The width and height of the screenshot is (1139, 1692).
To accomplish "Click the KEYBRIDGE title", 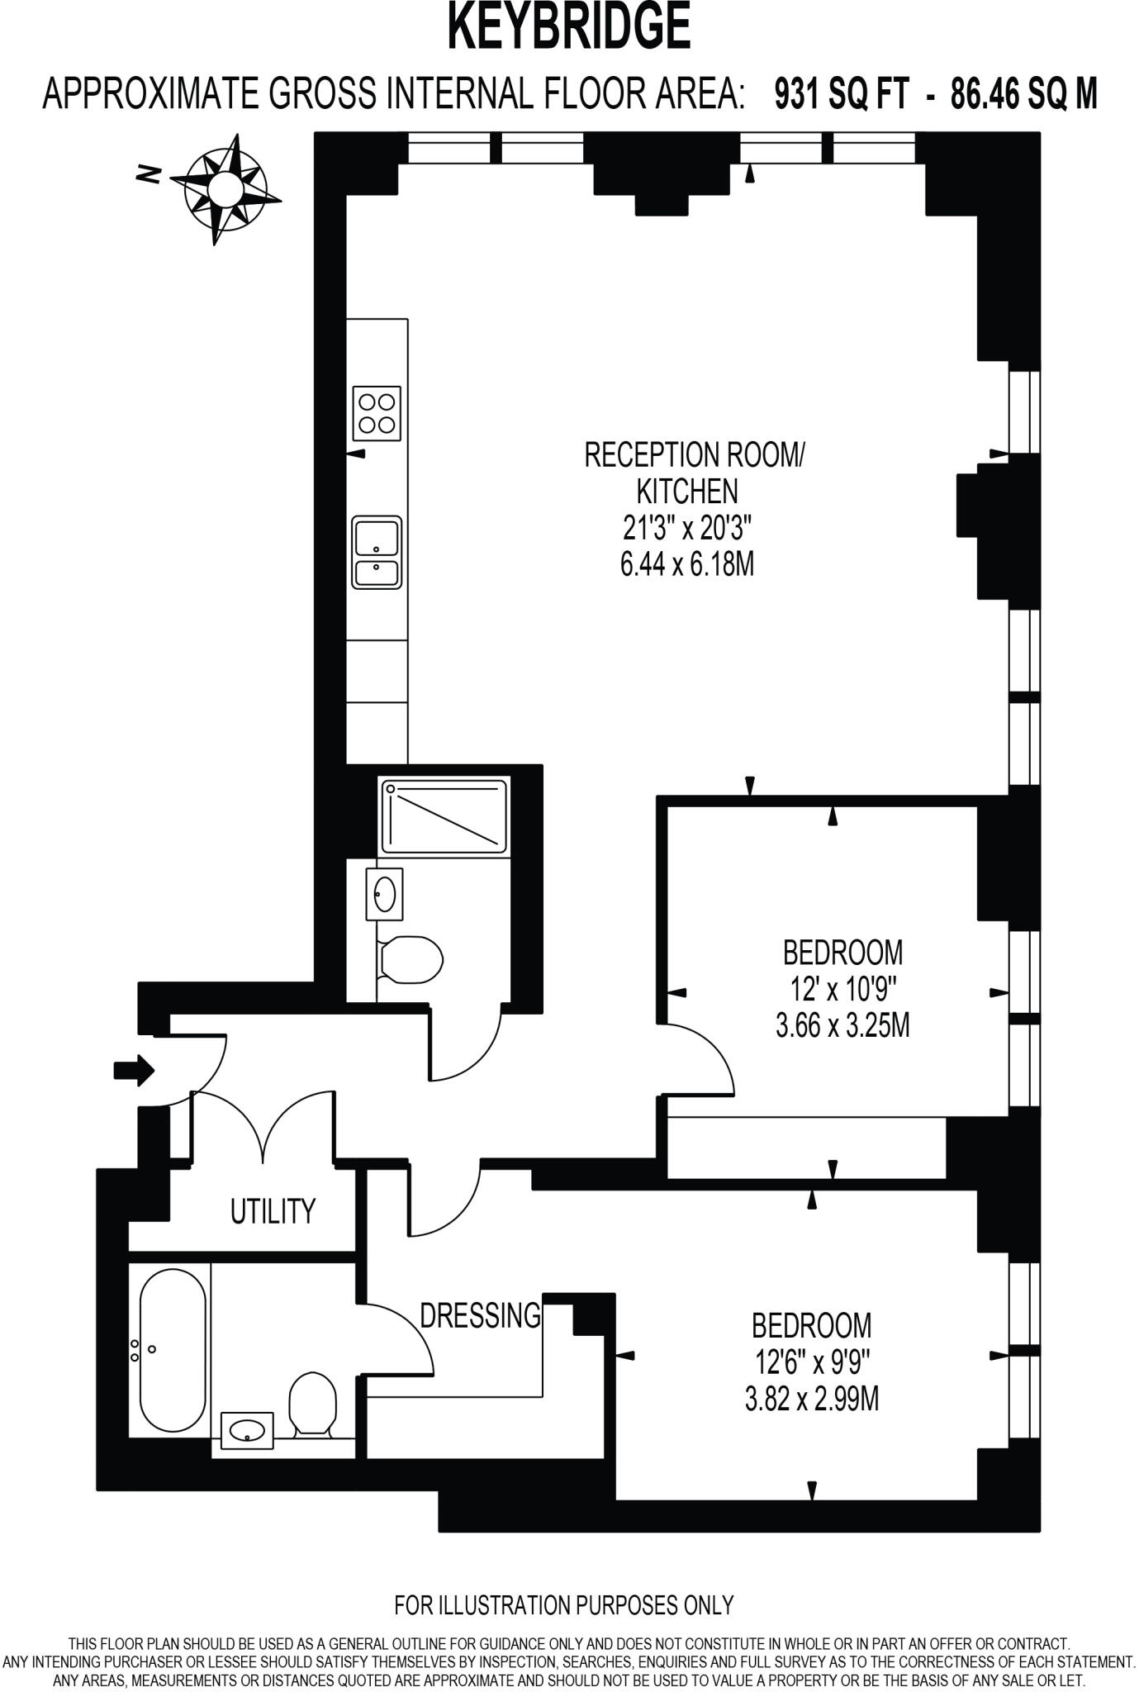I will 568,26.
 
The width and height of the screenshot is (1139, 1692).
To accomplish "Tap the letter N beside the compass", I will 149,174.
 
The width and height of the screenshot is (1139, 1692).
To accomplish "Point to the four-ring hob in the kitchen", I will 377,413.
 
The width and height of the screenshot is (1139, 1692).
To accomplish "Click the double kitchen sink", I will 377,552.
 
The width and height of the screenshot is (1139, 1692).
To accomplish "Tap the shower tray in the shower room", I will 444,815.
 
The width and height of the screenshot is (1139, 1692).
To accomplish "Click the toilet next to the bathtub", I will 312,1403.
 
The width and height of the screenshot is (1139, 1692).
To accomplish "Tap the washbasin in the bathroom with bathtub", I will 247,1429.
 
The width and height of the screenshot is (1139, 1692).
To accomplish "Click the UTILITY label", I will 273,1211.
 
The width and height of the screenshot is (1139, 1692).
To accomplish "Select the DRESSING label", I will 480,1314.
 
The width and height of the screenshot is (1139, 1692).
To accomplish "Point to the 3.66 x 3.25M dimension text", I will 842,1026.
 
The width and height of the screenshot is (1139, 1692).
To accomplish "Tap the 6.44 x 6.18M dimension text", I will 687,565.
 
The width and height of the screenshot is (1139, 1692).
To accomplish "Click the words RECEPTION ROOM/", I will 693,455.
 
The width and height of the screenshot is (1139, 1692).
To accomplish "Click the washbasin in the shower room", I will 385,894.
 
